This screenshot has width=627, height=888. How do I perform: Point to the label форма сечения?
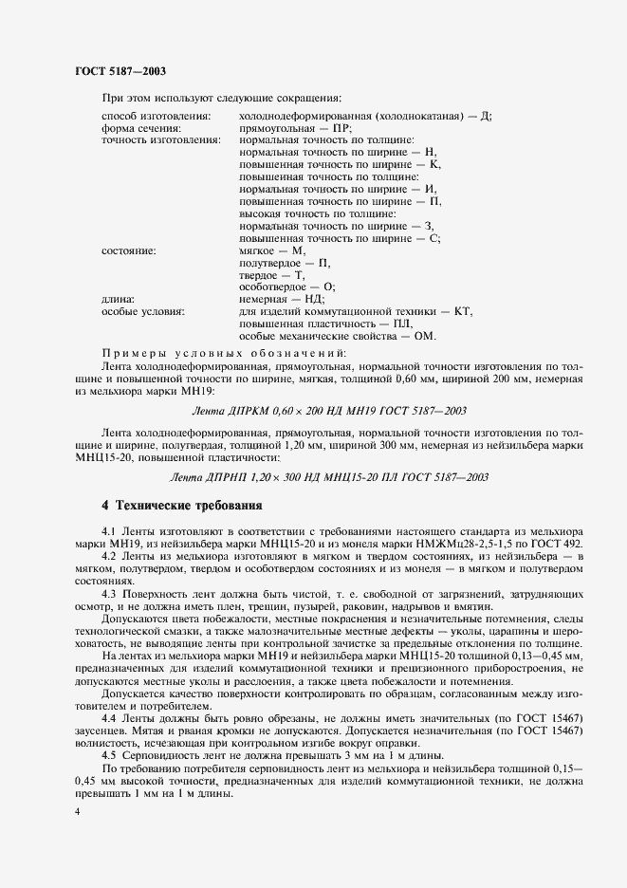tap(141, 127)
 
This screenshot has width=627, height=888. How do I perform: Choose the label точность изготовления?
tap(160, 139)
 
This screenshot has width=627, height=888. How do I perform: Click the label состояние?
tap(128, 250)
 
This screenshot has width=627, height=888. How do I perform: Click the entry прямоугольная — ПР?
tap(296, 127)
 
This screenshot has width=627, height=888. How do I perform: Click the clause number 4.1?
tap(108, 532)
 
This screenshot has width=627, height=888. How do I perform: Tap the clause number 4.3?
tap(108, 593)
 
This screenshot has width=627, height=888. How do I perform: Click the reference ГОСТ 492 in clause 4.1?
tap(558, 545)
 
